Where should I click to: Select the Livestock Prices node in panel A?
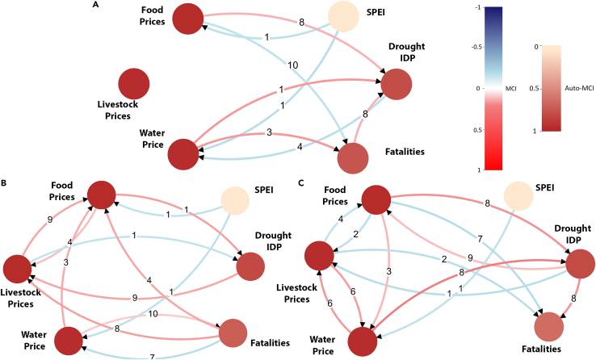click(x=133, y=83)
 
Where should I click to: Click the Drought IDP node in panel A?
click(x=397, y=85)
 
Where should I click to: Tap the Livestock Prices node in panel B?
click(x=19, y=268)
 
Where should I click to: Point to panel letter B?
click(x=5, y=183)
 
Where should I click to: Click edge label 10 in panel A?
click(x=292, y=65)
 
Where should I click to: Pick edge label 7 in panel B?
click(x=152, y=356)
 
